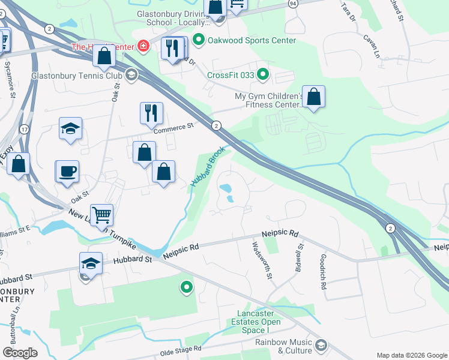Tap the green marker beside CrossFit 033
(x=262, y=75)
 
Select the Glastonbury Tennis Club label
(x=76, y=76)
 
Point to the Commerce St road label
(x=175, y=127)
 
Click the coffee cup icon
(x=67, y=171)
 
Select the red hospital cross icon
(x=143, y=46)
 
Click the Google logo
(x=20, y=353)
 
